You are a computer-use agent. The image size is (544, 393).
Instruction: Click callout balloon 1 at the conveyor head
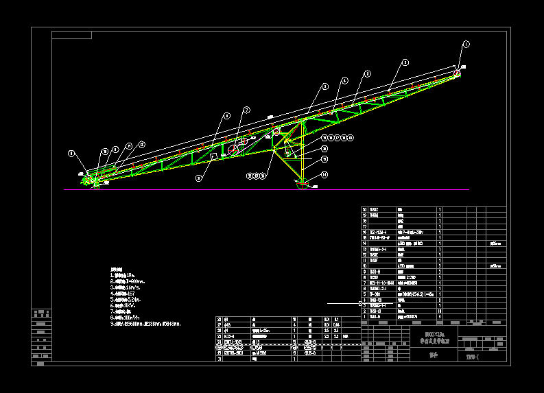point(466,45)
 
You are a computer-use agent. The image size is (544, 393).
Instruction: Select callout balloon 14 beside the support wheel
point(324,175)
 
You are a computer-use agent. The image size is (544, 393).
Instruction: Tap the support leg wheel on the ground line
point(301,184)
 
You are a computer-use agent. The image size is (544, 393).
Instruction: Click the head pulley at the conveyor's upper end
point(456,73)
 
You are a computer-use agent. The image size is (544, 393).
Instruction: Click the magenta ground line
point(206,189)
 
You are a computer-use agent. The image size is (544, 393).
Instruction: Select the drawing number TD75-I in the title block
point(473,357)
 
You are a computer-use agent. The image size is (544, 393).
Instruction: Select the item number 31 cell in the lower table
point(220,359)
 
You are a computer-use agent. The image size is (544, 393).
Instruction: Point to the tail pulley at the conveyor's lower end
point(94,180)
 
